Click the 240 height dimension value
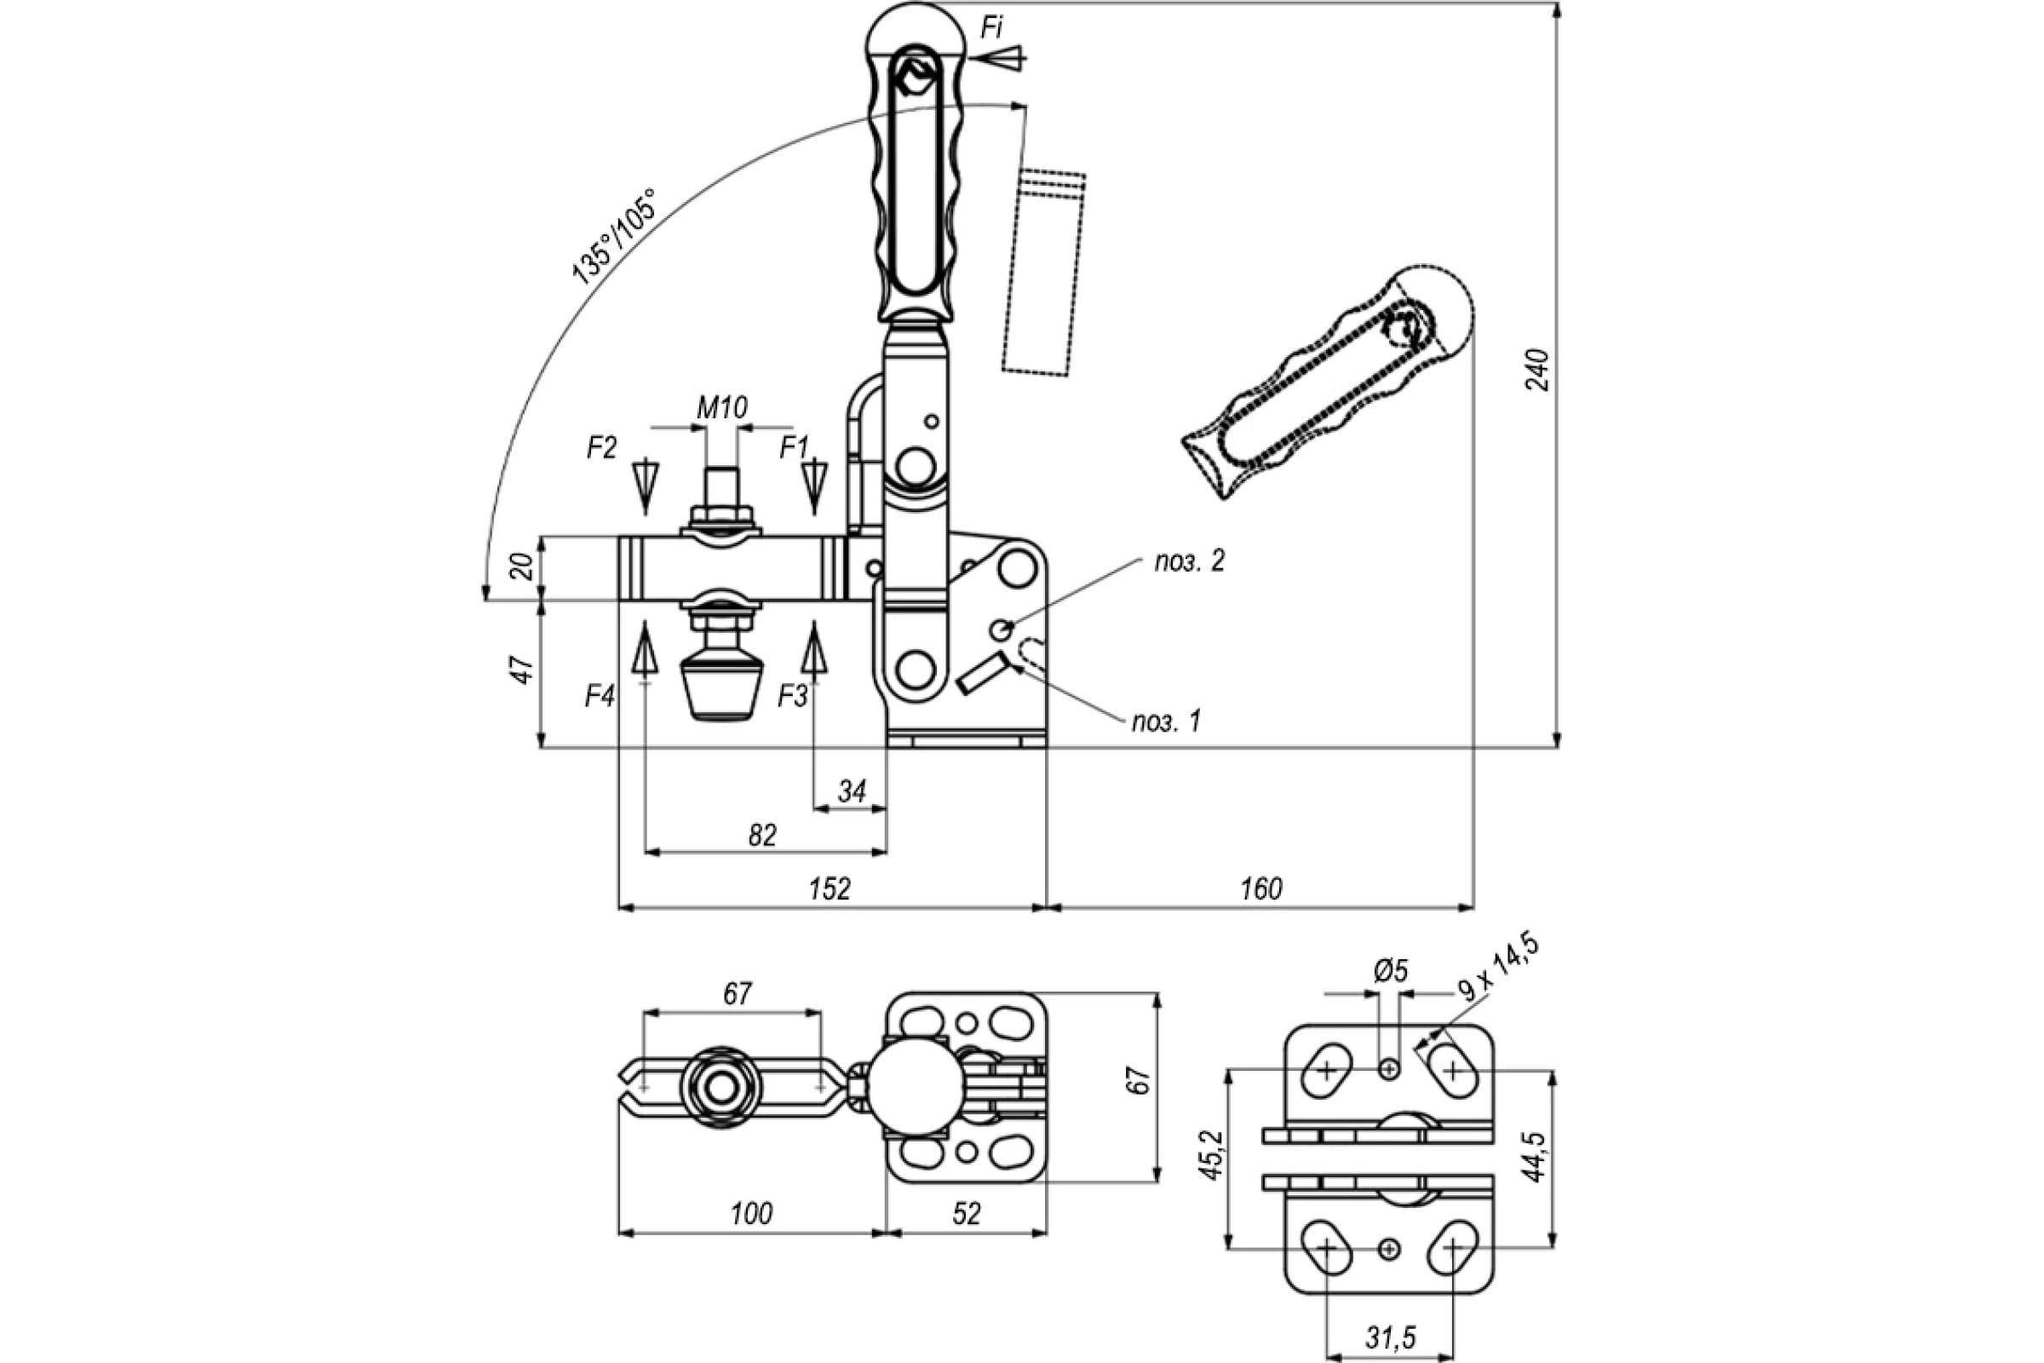[x=1537, y=371]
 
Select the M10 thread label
[x=722, y=407]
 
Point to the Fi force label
[x=991, y=29]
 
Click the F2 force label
[x=601, y=448]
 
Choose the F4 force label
[x=600, y=696]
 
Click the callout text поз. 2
[x=1189, y=561]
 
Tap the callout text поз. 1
[x=1165, y=722]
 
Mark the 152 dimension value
[x=829, y=889]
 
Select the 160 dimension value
[x=1261, y=889]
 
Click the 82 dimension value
[x=762, y=836]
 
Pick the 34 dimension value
[x=853, y=792]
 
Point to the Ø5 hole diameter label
[x=1391, y=971]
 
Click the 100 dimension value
[x=751, y=1213]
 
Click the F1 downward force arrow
[x=814, y=486]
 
